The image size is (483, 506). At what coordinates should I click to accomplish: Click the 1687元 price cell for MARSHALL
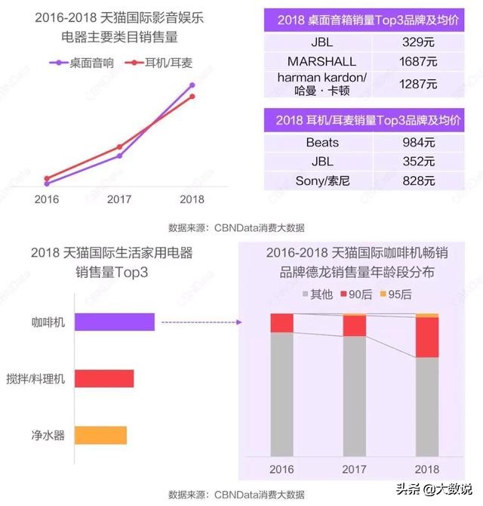[x=420, y=60]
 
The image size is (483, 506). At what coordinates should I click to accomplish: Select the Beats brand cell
[x=322, y=142]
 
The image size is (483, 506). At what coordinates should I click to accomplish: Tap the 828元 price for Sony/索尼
[x=420, y=180]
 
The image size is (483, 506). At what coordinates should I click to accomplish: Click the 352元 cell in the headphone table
[x=420, y=161]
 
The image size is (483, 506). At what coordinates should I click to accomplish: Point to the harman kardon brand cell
[x=322, y=85]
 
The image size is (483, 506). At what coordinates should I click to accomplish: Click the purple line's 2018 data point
[x=192, y=85]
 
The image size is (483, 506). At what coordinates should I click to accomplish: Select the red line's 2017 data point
[x=119, y=147]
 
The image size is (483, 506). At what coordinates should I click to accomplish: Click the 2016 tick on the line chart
[x=47, y=199]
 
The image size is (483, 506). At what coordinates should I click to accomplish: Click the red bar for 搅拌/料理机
[x=104, y=378]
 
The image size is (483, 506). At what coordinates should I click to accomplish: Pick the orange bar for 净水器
[x=100, y=435]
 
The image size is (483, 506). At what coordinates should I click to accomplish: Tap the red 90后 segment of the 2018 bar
[x=427, y=337]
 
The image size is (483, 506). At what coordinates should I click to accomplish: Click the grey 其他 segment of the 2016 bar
[x=281, y=393]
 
